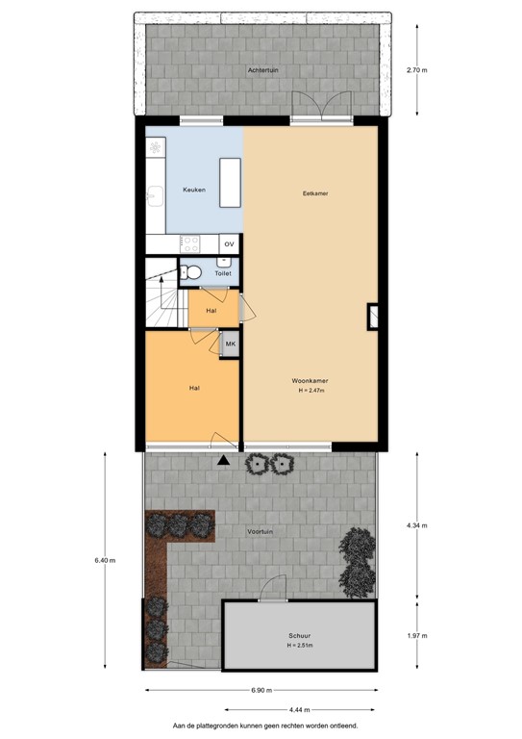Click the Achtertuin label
(x=261, y=70)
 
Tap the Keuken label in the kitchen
(x=193, y=191)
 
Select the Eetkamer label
(x=315, y=193)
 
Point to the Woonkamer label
(x=310, y=381)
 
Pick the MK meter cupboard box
(x=230, y=344)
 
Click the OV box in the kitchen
(x=229, y=244)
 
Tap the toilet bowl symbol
(x=191, y=271)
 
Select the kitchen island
(x=230, y=183)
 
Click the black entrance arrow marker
(x=224, y=461)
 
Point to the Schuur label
(x=298, y=636)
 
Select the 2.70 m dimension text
(x=417, y=70)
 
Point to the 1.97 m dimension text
(x=417, y=634)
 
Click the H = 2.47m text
(x=311, y=392)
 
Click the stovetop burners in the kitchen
(x=189, y=244)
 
